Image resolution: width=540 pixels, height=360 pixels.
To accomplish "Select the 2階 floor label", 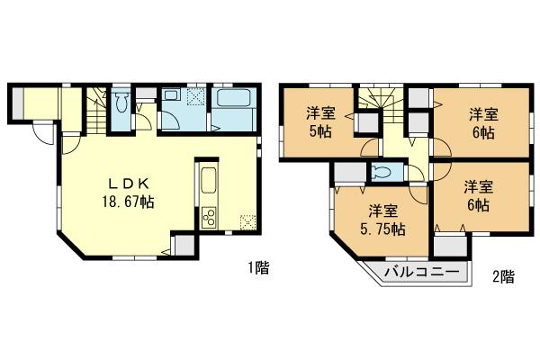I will pyautogui.click(x=504, y=276).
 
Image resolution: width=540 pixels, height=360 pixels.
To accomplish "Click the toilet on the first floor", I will pyautogui.click(x=123, y=101).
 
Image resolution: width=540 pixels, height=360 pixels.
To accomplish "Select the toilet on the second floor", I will pyautogui.click(x=380, y=174).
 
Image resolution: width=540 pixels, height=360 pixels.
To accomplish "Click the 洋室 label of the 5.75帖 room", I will pyautogui.click(x=383, y=211).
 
